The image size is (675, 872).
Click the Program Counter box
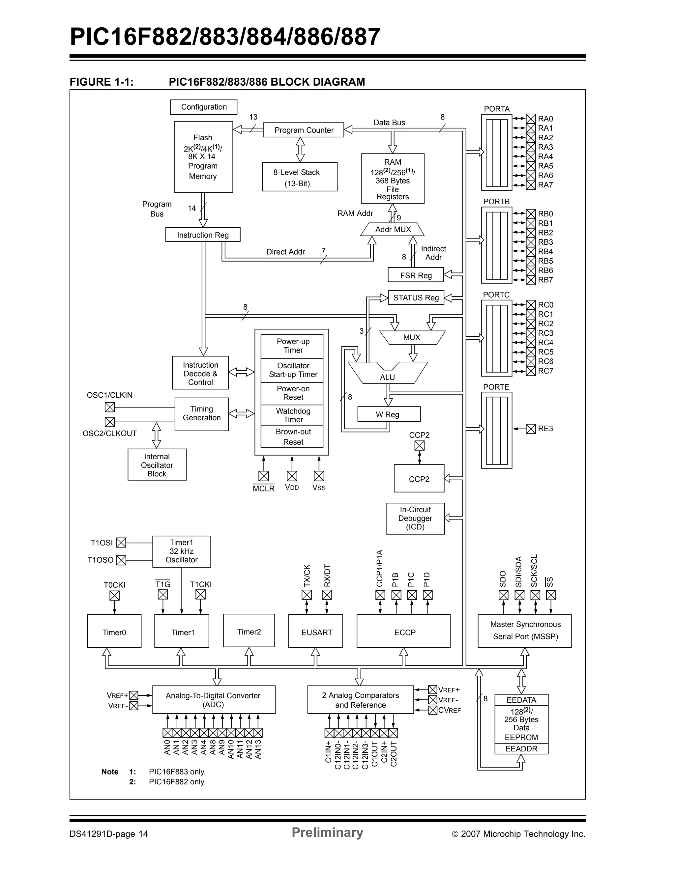pos(303,130)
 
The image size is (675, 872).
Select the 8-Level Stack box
pos(300,177)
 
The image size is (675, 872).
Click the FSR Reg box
pos(415,275)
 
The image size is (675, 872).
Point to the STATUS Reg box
pos(415,297)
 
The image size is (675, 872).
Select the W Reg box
pos(389,414)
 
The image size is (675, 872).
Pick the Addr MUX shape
pos(393,229)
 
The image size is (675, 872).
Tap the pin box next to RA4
pos(530,156)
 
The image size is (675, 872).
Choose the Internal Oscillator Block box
pos(157,465)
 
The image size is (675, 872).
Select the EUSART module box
pos(315,632)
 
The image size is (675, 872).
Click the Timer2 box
pos(249,631)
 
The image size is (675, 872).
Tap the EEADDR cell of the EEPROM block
pos(521,748)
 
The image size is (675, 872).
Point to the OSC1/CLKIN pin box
pos(110,407)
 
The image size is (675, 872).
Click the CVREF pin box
pos(432,710)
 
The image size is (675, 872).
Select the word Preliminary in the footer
pos(327,832)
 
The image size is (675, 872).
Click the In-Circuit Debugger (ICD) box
pos(415,518)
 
